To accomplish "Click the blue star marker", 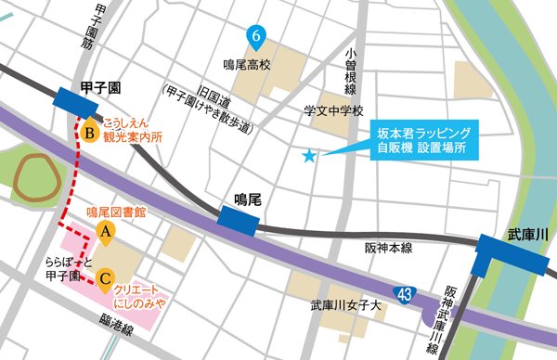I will [310, 157].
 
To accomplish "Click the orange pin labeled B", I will [89, 134].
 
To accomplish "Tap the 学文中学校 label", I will [334, 110].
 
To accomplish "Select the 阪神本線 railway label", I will [388, 247].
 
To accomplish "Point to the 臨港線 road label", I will [115, 325].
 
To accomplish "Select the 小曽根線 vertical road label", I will [350, 72].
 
